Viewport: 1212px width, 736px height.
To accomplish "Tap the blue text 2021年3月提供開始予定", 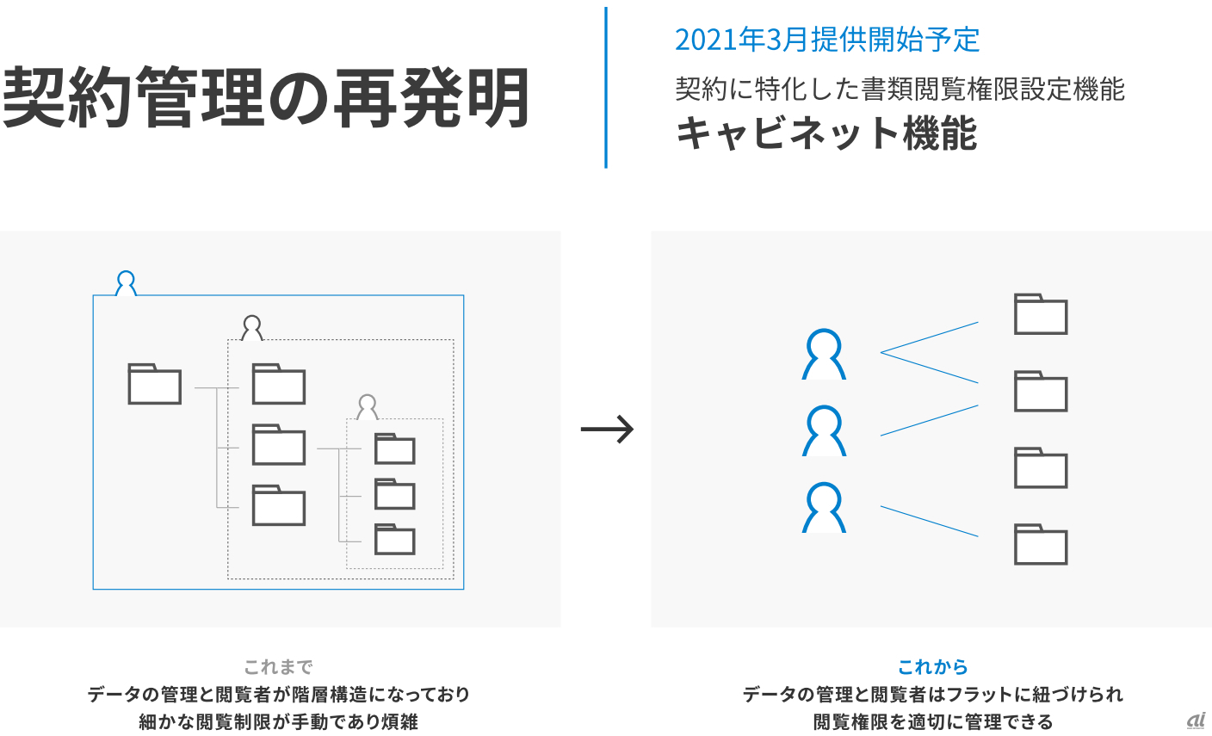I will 827,40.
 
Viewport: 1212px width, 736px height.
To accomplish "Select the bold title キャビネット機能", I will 826,134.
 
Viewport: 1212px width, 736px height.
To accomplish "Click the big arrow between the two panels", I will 607,429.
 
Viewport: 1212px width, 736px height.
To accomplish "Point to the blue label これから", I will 932,667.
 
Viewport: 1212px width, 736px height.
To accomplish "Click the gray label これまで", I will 278,667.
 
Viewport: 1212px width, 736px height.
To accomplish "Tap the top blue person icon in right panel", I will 824,355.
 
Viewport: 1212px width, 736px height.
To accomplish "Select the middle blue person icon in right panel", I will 824,431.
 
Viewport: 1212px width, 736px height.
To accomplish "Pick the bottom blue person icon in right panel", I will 824,508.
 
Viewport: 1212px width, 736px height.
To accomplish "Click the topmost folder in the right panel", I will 1041,314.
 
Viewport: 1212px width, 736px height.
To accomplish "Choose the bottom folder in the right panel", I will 1041,544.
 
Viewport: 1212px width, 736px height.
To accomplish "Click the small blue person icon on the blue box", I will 127,283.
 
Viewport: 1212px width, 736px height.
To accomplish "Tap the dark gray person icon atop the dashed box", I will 251,328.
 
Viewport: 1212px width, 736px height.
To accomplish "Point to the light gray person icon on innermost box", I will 368,407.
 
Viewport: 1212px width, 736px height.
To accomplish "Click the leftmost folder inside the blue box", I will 155,384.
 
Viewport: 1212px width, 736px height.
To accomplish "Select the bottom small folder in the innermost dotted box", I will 395,539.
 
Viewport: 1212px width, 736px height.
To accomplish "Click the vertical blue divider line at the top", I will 606,87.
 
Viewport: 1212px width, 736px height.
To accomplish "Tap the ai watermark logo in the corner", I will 1196,721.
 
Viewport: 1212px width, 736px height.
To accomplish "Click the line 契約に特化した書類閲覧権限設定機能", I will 900,89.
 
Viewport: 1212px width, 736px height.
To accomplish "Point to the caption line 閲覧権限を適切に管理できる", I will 932,721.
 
